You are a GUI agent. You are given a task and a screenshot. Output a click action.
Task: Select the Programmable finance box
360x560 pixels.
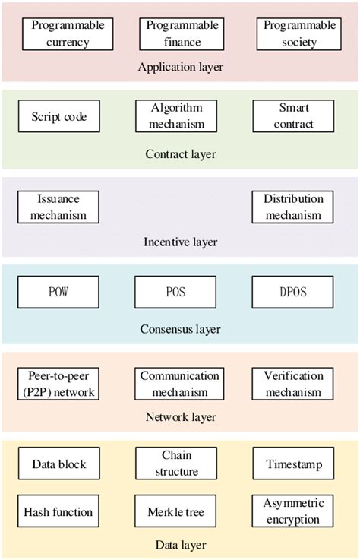(x=180, y=34)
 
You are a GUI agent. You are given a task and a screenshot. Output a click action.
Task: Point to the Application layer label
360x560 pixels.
(x=180, y=67)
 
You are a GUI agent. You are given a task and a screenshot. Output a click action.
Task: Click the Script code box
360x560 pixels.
(x=58, y=117)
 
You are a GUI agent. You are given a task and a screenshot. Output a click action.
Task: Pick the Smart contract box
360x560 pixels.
(x=292, y=117)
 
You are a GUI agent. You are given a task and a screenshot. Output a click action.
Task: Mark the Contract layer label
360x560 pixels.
(x=180, y=154)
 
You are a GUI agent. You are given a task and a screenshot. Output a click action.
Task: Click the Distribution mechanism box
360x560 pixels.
(x=292, y=207)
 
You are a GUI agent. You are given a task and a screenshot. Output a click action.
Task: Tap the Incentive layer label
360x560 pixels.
(x=180, y=242)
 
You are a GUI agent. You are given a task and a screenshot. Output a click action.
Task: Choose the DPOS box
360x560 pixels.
(x=292, y=292)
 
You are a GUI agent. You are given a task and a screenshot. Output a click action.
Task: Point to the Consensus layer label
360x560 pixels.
(x=180, y=330)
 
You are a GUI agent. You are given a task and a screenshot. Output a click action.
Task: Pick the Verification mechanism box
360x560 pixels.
(x=292, y=384)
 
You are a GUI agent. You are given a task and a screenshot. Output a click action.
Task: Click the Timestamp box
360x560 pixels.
(x=292, y=464)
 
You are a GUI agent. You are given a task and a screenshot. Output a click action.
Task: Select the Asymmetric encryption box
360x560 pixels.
(x=292, y=512)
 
